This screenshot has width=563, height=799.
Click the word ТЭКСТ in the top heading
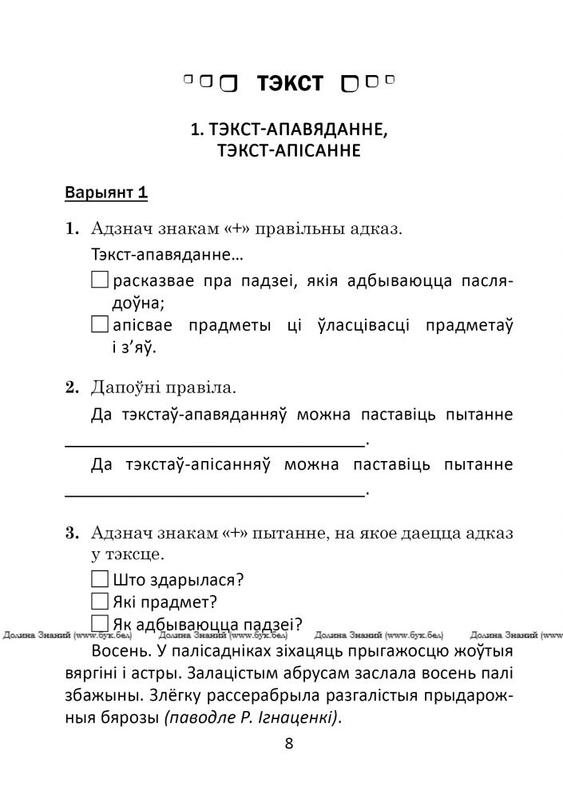290,83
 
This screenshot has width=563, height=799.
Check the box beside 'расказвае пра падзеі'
100,280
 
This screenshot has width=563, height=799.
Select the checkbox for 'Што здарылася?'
100,579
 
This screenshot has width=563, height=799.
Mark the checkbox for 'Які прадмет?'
100,601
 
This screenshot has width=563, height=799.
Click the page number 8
288,744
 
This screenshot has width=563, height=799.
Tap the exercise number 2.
70,389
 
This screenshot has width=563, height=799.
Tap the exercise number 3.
70,532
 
